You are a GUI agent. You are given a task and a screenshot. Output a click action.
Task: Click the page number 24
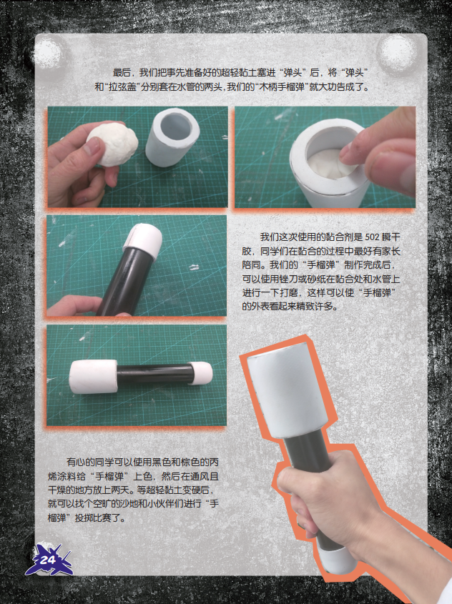[47, 560]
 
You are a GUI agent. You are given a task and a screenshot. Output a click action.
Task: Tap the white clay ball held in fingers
[113, 144]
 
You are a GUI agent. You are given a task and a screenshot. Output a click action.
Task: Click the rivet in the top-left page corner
[49, 51]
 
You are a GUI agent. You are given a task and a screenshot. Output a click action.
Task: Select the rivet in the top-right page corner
[396, 51]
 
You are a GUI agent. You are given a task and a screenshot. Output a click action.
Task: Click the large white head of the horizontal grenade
[93, 377]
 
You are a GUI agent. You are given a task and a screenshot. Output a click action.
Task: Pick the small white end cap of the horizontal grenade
[201, 373]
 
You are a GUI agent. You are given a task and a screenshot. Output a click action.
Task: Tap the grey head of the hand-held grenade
[287, 392]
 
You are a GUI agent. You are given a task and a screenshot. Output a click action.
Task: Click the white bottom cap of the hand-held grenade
[336, 558]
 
